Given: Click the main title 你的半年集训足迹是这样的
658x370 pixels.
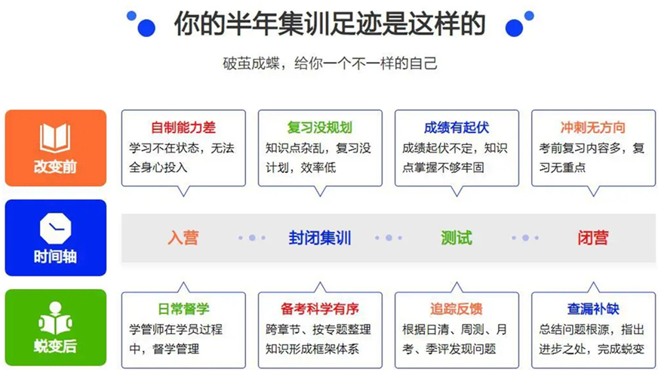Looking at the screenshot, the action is click(x=330, y=24).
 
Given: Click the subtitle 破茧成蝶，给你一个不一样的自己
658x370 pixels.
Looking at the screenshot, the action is click(x=330, y=63).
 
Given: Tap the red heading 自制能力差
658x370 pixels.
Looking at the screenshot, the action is click(x=183, y=127).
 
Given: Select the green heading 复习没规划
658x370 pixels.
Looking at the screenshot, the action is click(x=320, y=127).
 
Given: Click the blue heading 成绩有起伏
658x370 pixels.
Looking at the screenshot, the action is click(x=457, y=127).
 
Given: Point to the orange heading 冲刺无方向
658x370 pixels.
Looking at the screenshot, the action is click(x=593, y=127).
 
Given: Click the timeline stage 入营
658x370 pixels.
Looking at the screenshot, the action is click(x=183, y=238).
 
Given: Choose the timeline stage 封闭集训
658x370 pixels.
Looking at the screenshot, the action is click(x=320, y=238).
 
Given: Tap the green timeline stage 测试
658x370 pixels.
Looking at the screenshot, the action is click(x=457, y=238).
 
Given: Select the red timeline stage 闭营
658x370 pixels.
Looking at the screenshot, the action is click(x=593, y=238).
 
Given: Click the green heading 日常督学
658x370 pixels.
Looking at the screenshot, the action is click(x=183, y=308).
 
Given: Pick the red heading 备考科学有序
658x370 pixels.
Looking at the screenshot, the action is click(x=320, y=308).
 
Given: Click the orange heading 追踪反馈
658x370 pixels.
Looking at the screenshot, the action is click(x=457, y=308).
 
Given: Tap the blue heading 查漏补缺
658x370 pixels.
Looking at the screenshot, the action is click(x=593, y=308).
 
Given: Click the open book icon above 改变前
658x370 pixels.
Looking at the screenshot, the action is click(x=55, y=137).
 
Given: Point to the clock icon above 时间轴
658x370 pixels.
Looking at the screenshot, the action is click(x=55, y=227).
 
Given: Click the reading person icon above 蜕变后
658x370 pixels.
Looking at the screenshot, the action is click(x=55, y=318).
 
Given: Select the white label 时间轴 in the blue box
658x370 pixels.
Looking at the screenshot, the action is click(x=55, y=257).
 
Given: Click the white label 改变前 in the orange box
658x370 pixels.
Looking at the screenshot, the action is click(x=55, y=166).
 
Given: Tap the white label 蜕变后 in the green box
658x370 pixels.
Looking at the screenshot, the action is click(x=55, y=347).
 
